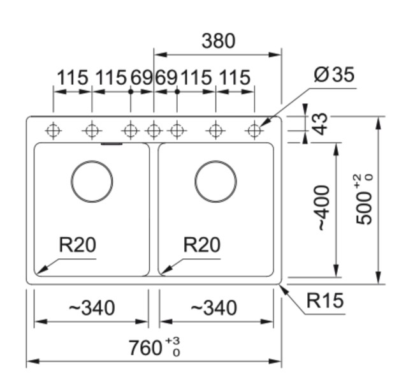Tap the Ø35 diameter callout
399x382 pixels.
[x=333, y=75]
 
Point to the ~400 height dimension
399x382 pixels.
[x=324, y=208]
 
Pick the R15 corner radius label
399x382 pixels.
[x=324, y=300]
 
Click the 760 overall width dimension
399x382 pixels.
[x=146, y=348]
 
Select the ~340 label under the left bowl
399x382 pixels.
[x=92, y=309]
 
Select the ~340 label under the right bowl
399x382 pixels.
[x=214, y=309]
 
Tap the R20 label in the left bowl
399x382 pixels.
[x=77, y=244]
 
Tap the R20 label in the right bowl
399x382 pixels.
[x=201, y=244]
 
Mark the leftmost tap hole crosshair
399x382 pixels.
[x=54, y=131]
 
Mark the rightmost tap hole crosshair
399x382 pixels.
[x=254, y=131]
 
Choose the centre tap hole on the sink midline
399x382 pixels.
[x=154, y=131]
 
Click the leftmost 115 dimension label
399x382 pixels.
[x=73, y=78]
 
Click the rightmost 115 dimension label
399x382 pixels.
[x=235, y=78]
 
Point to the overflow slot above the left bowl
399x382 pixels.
[x=112, y=144]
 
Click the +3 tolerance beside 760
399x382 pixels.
[x=172, y=341]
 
